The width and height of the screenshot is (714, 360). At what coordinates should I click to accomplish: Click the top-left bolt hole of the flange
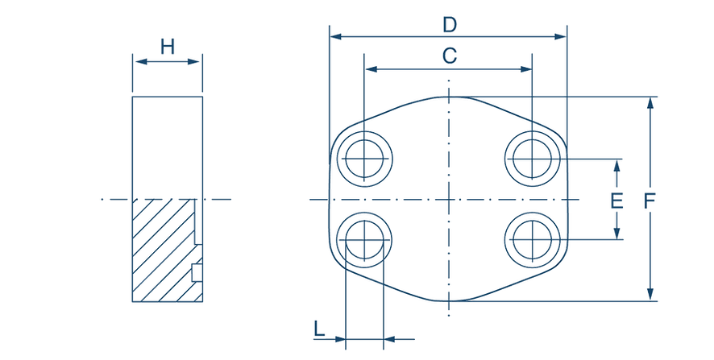click(x=364, y=155)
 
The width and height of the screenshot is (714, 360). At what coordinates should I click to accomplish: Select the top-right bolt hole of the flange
click(x=533, y=155)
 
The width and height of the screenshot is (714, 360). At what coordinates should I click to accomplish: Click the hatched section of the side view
click(x=165, y=250)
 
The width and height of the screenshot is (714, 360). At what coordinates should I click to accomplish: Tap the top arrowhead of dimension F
click(x=651, y=101)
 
